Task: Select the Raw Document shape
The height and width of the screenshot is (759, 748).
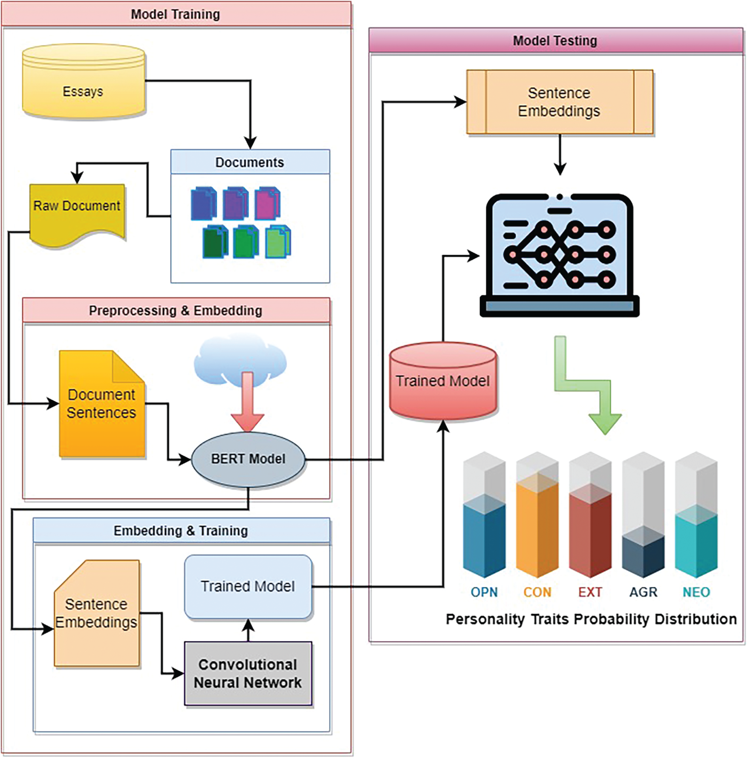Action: tap(77, 213)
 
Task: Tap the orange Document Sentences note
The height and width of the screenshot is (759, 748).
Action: tap(102, 404)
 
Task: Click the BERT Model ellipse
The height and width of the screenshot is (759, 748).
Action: tap(248, 459)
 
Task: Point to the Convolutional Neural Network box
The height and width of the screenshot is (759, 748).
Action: tap(248, 673)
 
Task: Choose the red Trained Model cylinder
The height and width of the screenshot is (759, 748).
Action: tap(443, 381)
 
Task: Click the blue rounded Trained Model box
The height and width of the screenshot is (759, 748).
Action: tap(248, 586)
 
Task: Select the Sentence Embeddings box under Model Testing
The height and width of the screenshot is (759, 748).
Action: tap(559, 102)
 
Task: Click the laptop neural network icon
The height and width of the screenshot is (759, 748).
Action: tap(559, 256)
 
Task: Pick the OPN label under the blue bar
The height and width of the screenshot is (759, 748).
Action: tap(484, 592)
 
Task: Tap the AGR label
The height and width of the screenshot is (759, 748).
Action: tap(643, 592)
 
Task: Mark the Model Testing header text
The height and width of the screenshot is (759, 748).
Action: tap(555, 41)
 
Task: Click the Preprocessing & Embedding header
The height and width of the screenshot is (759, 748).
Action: tap(176, 310)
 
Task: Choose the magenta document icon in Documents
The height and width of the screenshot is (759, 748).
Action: tap(268, 203)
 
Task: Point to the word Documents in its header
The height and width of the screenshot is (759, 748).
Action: tap(250, 162)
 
